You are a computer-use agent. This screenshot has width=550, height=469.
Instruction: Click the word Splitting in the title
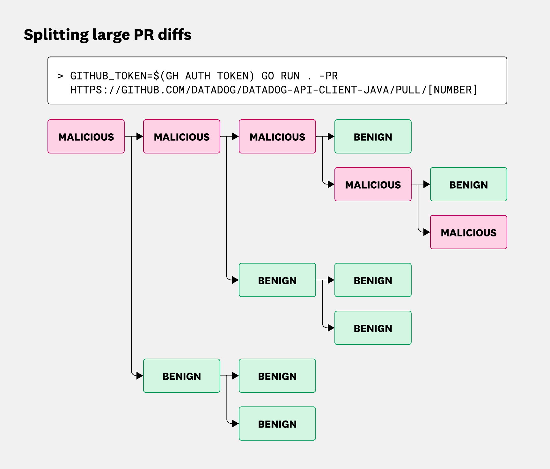[x=56, y=35]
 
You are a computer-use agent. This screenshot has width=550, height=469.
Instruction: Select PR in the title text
[x=144, y=34]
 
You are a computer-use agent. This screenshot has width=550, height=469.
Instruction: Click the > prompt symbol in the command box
[x=60, y=76]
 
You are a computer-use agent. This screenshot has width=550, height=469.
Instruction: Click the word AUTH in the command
[x=197, y=76]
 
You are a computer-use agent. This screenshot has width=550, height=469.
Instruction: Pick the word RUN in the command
[x=290, y=76]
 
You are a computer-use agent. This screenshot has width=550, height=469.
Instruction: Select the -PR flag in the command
[x=328, y=76]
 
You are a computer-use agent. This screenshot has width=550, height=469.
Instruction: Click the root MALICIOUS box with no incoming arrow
[x=86, y=137]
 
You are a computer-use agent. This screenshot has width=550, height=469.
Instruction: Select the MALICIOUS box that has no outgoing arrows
[x=468, y=232]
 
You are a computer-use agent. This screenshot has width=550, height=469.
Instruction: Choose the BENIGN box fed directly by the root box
[x=182, y=376]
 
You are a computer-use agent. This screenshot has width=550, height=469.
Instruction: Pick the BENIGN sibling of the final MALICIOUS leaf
[x=468, y=184]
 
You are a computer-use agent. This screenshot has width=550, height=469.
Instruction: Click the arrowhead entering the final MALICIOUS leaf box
[x=426, y=232]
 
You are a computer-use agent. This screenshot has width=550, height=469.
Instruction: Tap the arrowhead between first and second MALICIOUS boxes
[x=139, y=137]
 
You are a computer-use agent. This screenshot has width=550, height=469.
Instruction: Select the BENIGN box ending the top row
[x=373, y=137]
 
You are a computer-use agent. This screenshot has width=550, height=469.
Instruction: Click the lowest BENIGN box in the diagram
[x=277, y=424]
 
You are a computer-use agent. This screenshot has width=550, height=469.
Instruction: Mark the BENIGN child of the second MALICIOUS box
[x=277, y=280]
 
